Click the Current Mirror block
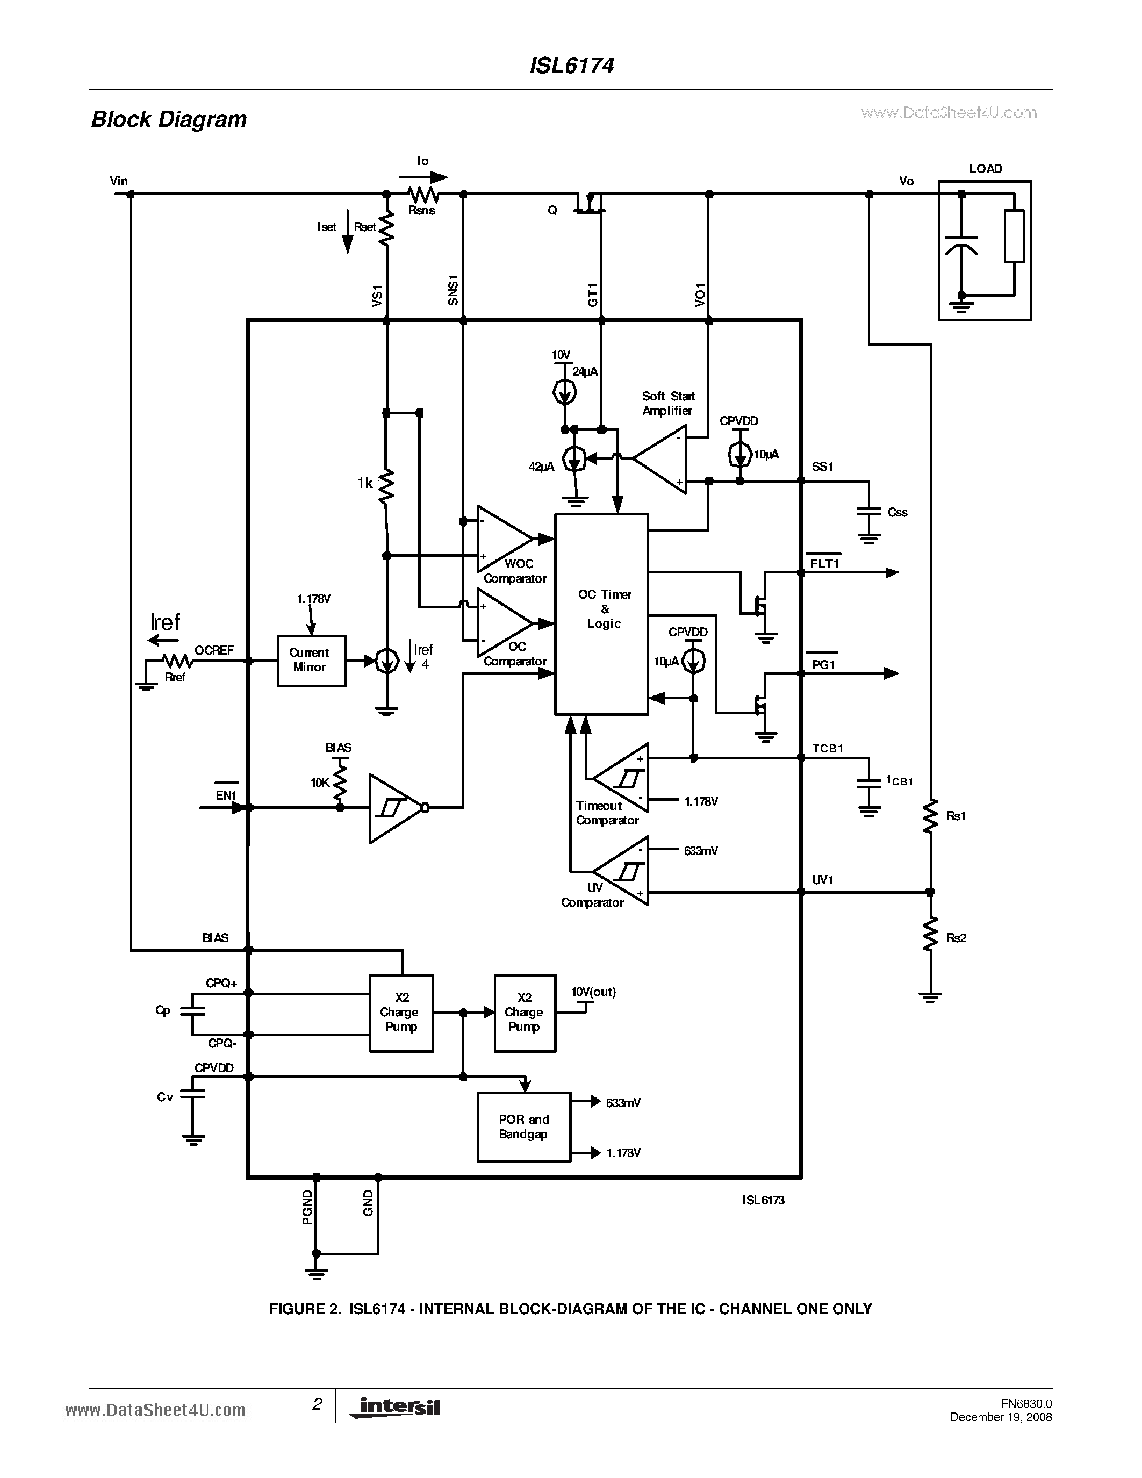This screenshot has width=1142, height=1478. coord(311,661)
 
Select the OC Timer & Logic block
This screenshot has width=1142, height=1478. coord(601,614)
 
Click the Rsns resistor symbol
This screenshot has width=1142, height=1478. coord(423,195)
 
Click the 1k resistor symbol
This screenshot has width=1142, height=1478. coord(386,486)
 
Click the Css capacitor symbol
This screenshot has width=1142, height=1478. coord(868,512)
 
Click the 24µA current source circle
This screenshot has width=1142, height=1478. coord(564,392)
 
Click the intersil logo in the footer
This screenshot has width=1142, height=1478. coord(395,1407)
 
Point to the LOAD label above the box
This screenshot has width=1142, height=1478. coord(985,169)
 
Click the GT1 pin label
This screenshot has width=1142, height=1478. coord(592,296)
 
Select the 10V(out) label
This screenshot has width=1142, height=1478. coord(593,992)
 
